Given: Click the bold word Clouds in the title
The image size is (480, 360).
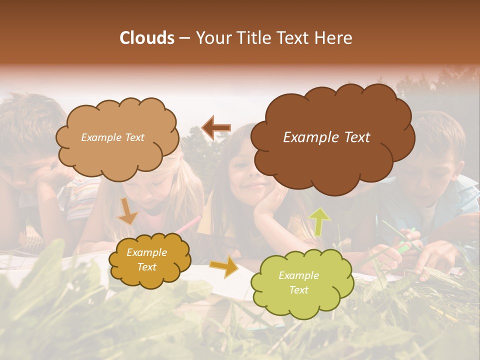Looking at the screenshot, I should (147, 38).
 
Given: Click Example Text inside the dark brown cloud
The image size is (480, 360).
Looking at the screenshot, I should (326, 137).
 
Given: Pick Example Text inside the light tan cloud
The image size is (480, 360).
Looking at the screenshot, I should (112, 137).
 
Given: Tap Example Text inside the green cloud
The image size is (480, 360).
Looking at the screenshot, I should (298, 282).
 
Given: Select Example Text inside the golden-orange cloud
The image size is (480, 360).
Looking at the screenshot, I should (146, 260).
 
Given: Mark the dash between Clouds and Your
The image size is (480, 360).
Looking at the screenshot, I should (185, 38).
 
